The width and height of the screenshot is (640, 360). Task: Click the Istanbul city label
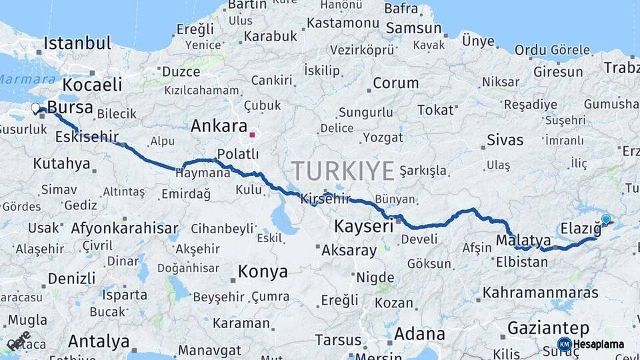[77, 44]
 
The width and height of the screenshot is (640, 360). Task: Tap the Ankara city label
[219, 125]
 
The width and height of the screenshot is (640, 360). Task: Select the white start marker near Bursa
[35, 108]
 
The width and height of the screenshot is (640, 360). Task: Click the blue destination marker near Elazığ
[605, 219]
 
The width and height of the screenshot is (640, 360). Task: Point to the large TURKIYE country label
[343, 171]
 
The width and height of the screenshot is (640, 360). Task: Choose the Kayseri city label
[364, 225]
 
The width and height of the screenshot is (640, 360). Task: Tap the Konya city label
[263, 272]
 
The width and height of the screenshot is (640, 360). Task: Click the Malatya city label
[523, 240]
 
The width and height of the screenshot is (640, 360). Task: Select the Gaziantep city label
[548, 328]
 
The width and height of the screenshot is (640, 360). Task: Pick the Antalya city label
[99, 341]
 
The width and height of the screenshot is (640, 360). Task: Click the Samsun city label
[414, 28]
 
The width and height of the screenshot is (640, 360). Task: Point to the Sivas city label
[505, 140]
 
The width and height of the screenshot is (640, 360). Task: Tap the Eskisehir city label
[87, 137]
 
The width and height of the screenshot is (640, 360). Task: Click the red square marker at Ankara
[253, 135]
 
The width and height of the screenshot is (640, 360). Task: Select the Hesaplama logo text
[599, 345]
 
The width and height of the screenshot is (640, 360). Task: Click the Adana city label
[419, 333]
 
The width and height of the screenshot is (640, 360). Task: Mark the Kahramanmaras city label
[541, 292]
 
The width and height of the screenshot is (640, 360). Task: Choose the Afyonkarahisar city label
[125, 227]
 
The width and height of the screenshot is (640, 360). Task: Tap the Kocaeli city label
[93, 85]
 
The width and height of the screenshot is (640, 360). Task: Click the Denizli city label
[71, 277]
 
